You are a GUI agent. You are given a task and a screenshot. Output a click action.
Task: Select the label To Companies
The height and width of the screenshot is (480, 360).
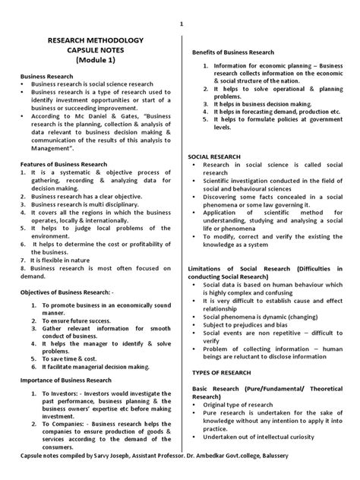point(58,443)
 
